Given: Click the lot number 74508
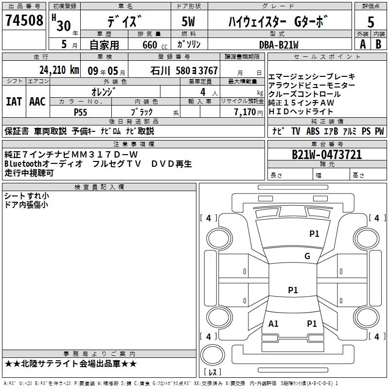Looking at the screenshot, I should point(24,21).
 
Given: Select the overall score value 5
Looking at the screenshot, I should point(371,22).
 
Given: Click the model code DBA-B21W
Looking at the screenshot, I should point(279,44).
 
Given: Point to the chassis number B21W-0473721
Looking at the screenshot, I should point(326,155).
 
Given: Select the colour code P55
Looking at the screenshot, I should point(81,112).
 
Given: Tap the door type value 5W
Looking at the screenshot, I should point(189,22).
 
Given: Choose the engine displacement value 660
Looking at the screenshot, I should point(149,45).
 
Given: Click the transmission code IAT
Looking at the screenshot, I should point(14,102).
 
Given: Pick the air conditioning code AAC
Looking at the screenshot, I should point(37,102).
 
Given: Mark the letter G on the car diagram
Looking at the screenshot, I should point(307,256).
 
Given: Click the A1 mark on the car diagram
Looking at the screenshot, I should point(273,323).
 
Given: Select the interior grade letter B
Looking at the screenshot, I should point(379,44).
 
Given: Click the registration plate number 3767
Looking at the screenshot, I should point(208,71).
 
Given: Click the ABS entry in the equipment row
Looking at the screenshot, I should point(313,131).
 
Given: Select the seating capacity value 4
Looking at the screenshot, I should point(202,91).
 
